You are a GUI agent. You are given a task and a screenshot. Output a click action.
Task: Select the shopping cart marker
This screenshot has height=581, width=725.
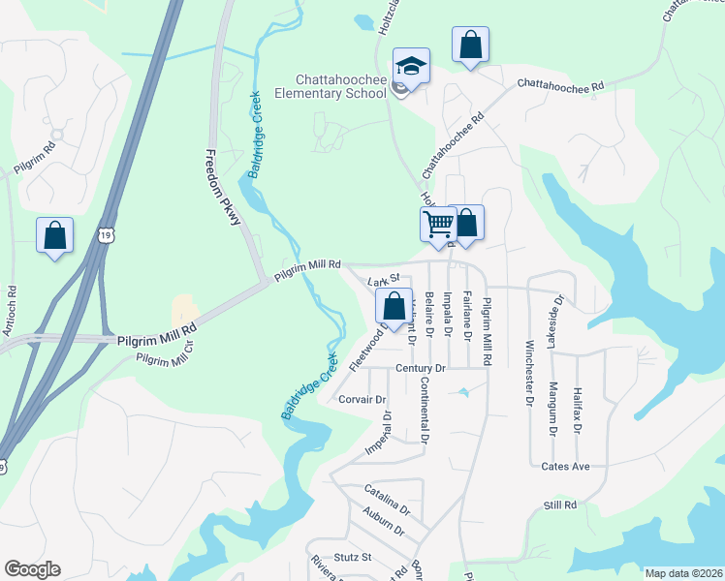[x=439, y=225]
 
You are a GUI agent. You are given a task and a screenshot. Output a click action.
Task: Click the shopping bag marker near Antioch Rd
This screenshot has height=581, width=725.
[x=55, y=235]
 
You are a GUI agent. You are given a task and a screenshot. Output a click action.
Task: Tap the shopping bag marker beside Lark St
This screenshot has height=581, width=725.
[x=394, y=307]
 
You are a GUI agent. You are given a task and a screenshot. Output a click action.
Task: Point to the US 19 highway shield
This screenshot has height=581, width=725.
[x=107, y=234]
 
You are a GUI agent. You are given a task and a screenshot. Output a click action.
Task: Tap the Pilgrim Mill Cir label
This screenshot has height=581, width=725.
[x=165, y=359]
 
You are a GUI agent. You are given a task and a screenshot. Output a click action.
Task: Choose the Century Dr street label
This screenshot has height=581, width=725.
[x=420, y=369]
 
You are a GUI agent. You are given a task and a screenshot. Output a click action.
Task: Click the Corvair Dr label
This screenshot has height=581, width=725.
[x=362, y=399]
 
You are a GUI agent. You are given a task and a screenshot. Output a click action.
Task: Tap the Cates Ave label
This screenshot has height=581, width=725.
[x=566, y=467]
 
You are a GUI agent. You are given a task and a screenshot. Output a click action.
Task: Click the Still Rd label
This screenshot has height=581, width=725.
[x=560, y=505]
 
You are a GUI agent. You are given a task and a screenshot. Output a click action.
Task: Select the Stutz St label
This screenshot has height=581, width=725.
[x=353, y=558]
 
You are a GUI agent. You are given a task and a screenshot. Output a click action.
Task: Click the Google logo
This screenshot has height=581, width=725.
[x=32, y=569]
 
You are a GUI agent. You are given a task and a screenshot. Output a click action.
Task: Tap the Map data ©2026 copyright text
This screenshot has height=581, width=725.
[x=682, y=573]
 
